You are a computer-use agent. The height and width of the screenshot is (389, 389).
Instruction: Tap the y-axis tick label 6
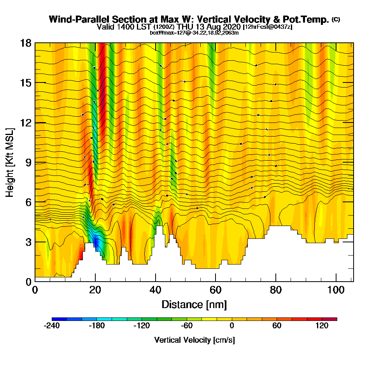click(28, 202)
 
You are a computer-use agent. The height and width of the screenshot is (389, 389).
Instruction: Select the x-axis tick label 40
click(156, 290)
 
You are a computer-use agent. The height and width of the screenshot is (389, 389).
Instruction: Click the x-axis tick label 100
click(335, 290)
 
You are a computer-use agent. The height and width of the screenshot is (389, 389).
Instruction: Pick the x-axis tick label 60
click(216, 290)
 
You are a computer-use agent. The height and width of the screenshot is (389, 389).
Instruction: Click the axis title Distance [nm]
click(194, 304)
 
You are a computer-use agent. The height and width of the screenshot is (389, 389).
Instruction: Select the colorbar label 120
click(322, 326)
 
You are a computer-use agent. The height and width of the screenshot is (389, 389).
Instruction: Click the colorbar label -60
click(187, 326)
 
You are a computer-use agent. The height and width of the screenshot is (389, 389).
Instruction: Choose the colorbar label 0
click(232, 326)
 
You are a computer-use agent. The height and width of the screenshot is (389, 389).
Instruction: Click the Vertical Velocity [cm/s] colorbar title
click(194, 340)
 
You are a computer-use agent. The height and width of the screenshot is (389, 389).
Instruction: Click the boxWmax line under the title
click(194, 33)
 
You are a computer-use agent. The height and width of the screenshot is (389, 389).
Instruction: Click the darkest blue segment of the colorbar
click(59, 319)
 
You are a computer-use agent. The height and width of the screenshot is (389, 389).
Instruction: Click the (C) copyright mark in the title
click(336, 19)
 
